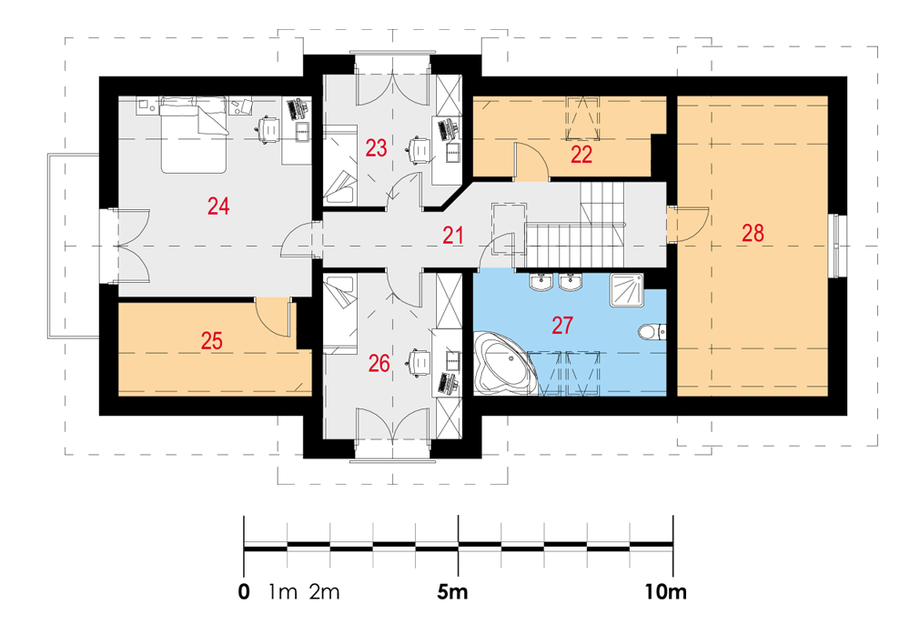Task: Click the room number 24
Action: tap(218, 206)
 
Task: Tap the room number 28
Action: tap(753, 233)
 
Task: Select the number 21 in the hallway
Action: tap(452, 236)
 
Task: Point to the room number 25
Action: tap(212, 340)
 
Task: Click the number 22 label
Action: tap(581, 155)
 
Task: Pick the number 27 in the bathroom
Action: tap(562, 326)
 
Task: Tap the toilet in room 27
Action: tap(652, 332)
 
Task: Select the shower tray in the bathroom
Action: tap(626, 290)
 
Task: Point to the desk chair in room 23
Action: tap(419, 149)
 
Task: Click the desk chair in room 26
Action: tap(419, 361)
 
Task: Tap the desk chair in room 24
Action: tap(268, 129)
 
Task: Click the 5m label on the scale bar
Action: tap(452, 592)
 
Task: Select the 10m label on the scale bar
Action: tap(666, 592)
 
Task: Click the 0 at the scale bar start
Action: tap(244, 592)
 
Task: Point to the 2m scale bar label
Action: tap(325, 592)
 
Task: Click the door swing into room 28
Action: tap(688, 225)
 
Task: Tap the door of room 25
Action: tap(273, 317)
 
